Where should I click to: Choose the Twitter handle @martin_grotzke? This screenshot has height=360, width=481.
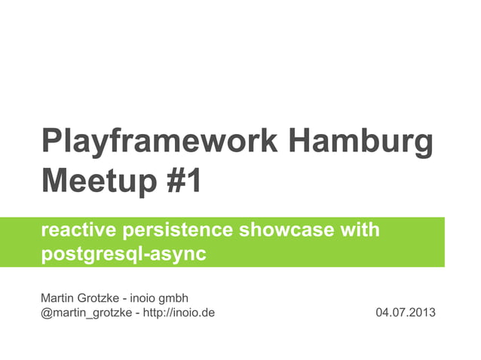pos(85,311)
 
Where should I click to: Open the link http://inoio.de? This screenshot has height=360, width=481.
pos(179,311)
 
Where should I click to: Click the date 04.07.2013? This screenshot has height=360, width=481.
pos(405,311)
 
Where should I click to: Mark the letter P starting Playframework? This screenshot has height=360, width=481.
pos(51,143)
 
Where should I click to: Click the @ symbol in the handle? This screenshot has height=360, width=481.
pos(46,311)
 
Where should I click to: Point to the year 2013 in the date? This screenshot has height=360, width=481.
pos(421,311)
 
